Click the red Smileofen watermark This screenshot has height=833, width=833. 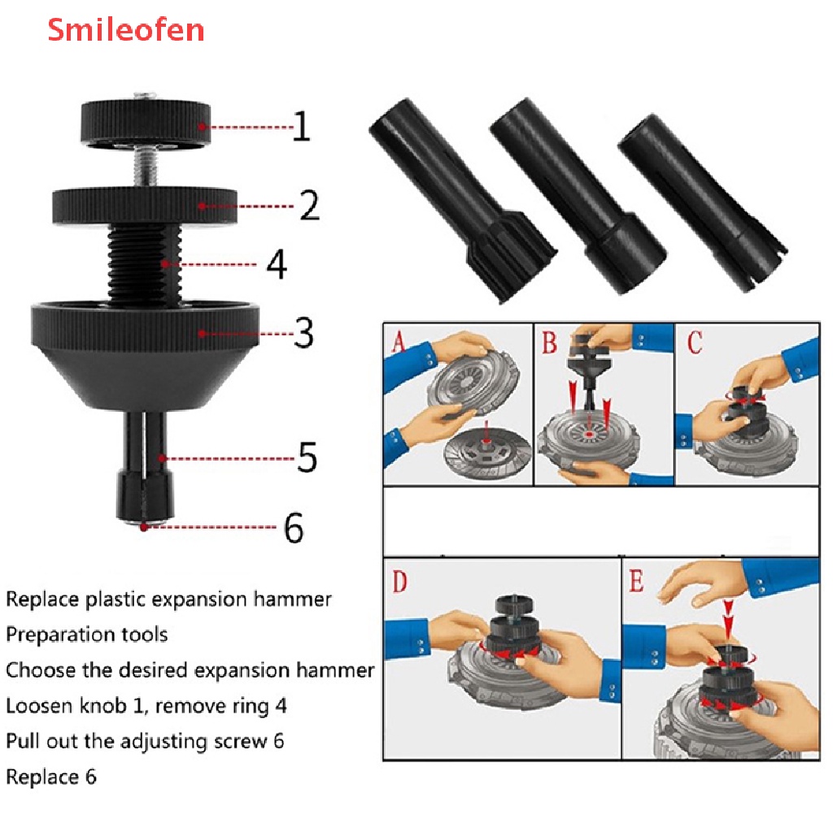[125, 30]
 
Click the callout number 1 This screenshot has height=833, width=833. [301, 127]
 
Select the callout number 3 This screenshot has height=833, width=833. [303, 333]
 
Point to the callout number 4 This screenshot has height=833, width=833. [277, 264]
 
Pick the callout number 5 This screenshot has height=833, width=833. [307, 458]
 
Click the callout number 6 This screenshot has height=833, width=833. [294, 528]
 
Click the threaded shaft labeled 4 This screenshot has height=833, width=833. [146, 256]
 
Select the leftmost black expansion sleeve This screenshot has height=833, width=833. [461, 194]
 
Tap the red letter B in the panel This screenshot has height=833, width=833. [550, 342]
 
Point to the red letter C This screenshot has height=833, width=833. [694, 342]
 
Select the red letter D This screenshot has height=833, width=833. [400, 582]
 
